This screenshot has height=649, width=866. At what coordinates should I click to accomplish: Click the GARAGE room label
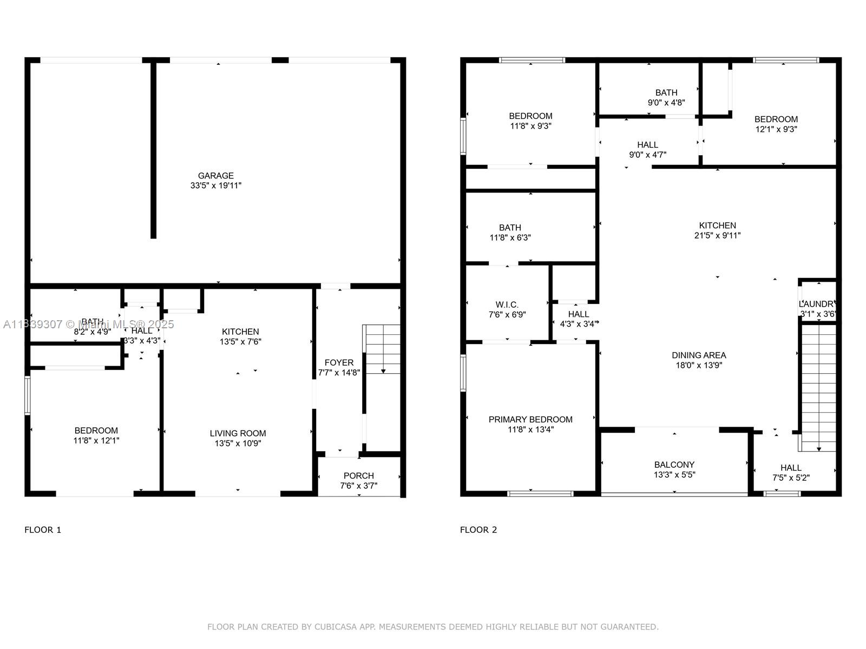tap(215, 176)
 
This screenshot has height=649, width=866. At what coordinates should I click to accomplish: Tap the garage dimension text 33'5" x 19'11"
tap(215, 186)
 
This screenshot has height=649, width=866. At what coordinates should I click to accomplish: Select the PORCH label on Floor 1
tap(358, 476)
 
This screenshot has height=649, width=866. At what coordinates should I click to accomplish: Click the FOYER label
tap(339, 363)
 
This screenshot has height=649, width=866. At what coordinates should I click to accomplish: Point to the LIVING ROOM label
tap(238, 433)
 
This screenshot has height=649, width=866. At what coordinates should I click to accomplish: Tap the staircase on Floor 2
tap(818, 387)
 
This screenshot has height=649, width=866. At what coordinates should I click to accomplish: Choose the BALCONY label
tap(674, 465)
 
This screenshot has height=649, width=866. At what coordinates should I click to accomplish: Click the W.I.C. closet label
tap(507, 305)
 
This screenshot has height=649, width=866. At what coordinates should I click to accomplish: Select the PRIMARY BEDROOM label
tap(530, 420)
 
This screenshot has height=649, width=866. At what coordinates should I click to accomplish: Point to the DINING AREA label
tap(699, 355)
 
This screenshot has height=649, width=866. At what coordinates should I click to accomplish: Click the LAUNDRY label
tap(818, 304)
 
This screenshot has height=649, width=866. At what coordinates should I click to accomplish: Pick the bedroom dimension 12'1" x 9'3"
tap(776, 129)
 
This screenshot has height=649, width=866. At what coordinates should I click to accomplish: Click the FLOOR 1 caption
tap(43, 530)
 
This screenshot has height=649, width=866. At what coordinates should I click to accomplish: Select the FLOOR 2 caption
tap(478, 530)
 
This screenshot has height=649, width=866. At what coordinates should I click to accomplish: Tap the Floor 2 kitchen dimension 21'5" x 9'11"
tap(717, 235)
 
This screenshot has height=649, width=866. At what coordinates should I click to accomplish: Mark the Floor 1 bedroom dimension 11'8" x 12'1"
tap(96, 441)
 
